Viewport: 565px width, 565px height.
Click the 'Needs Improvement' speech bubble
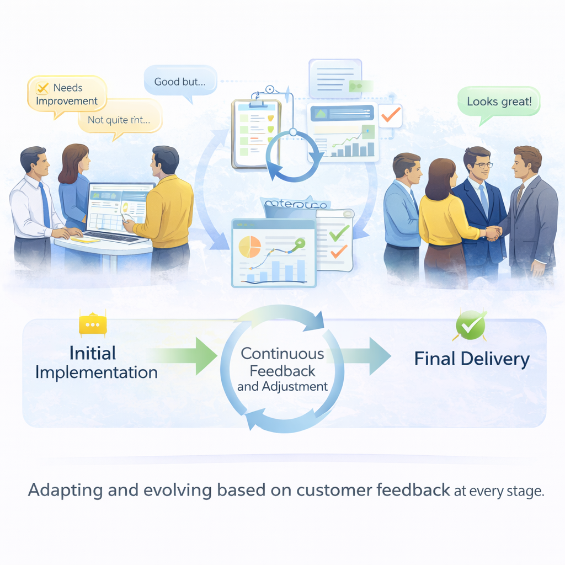pyautogui.click(x=67, y=94)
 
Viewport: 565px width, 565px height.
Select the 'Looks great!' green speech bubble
pyautogui.click(x=499, y=102)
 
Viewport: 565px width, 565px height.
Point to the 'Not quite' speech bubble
pyautogui.click(x=120, y=118)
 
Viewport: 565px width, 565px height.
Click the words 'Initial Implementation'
pyautogui.click(x=96, y=363)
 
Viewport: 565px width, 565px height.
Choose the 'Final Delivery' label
pyautogui.click(x=472, y=359)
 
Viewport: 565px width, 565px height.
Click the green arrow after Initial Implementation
pyautogui.click(x=185, y=353)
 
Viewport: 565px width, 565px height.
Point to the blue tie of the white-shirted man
pyautogui.click(x=45, y=204)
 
